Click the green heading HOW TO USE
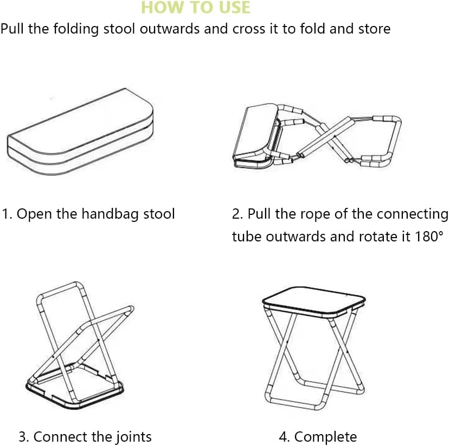(196, 8)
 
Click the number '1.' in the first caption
(7, 214)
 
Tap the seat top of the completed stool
(313, 297)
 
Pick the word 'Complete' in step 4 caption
(326, 437)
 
